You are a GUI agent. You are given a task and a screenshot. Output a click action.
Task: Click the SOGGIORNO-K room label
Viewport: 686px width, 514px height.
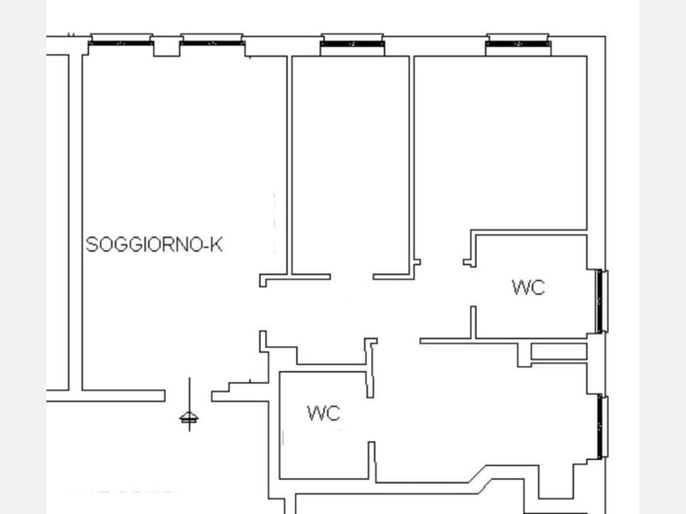pyautogui.click(x=154, y=244)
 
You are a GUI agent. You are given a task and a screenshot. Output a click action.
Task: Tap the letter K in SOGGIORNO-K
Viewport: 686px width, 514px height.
pyautogui.click(x=216, y=244)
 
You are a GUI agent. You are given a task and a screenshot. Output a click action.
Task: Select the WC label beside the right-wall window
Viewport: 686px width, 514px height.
pyautogui.click(x=528, y=287)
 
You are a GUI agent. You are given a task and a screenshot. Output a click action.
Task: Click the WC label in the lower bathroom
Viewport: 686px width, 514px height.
pyautogui.click(x=323, y=413)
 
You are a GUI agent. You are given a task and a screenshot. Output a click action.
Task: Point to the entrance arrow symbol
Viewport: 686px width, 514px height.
pyautogui.click(x=189, y=404)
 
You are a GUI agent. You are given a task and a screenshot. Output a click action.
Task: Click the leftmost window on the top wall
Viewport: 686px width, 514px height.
pyautogui.click(x=121, y=42)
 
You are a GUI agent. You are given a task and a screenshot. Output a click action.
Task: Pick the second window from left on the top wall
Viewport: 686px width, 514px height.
pyautogui.click(x=212, y=42)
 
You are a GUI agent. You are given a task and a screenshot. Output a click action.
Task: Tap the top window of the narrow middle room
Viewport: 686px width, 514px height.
pyautogui.click(x=352, y=44)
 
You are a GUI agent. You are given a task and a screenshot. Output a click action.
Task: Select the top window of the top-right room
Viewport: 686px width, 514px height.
pyautogui.click(x=519, y=44)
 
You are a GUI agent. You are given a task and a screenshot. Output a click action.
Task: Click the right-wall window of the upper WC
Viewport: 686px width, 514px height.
pyautogui.click(x=603, y=302)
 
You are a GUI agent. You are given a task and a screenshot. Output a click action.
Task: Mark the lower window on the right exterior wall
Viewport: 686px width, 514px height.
pyautogui.click(x=603, y=427)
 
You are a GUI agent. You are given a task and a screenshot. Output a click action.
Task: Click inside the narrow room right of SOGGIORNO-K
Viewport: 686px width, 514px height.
pyautogui.click(x=350, y=165)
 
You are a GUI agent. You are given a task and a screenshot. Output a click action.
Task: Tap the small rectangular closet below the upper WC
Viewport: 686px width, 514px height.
pyautogui.click(x=559, y=351)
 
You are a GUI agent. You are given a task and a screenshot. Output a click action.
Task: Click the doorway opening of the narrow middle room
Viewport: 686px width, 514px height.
pyautogui.click(x=352, y=277)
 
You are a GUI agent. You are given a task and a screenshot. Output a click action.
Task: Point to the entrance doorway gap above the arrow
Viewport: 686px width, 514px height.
pyautogui.click(x=189, y=396)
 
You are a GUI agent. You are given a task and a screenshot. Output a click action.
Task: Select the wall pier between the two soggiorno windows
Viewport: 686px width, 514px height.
pyautogui.click(x=166, y=48)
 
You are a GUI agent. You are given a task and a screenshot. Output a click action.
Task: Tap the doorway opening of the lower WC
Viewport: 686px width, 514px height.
pyautogui.click(x=371, y=420)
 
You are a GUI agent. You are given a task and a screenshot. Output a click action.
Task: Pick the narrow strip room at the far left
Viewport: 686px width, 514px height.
pyautogui.click(x=57, y=223)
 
